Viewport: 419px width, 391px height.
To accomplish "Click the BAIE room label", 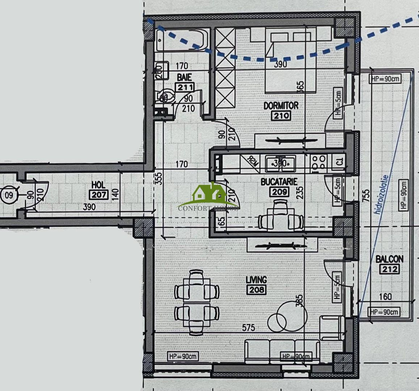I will click(184, 77).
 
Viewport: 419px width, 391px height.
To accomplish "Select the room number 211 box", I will click(185, 87).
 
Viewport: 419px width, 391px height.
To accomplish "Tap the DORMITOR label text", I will click(281, 106).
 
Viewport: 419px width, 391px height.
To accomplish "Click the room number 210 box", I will click(281, 116).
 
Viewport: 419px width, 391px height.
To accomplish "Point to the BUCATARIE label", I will click(279, 181).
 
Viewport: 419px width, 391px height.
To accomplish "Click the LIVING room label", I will click(256, 280).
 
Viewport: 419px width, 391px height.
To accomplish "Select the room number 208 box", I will click(256, 290).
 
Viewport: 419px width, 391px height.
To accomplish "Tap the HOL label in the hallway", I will click(98, 185).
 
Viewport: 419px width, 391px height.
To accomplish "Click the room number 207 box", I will click(98, 194).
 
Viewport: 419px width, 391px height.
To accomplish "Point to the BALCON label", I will click(389, 259).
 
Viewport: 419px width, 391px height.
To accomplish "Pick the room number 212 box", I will click(389, 269).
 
